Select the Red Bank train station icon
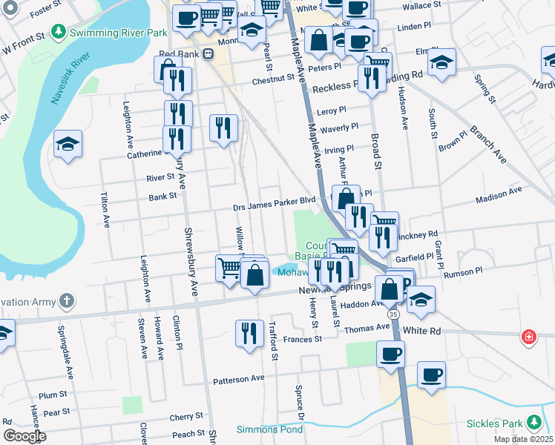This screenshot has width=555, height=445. click(208, 54)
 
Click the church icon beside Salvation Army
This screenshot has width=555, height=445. click(67, 301)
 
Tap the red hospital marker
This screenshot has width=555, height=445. click(528, 336)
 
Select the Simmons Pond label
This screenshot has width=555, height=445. click(269, 429)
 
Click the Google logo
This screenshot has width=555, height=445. click(24, 436)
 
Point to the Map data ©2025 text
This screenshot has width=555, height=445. click(523, 439)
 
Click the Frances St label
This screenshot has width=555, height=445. click(303, 339)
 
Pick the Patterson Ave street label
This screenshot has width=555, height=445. click(239, 378)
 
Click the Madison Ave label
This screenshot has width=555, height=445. click(499, 194)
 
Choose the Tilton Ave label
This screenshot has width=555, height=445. click(105, 212)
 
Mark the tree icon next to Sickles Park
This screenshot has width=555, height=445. click(532, 423)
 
